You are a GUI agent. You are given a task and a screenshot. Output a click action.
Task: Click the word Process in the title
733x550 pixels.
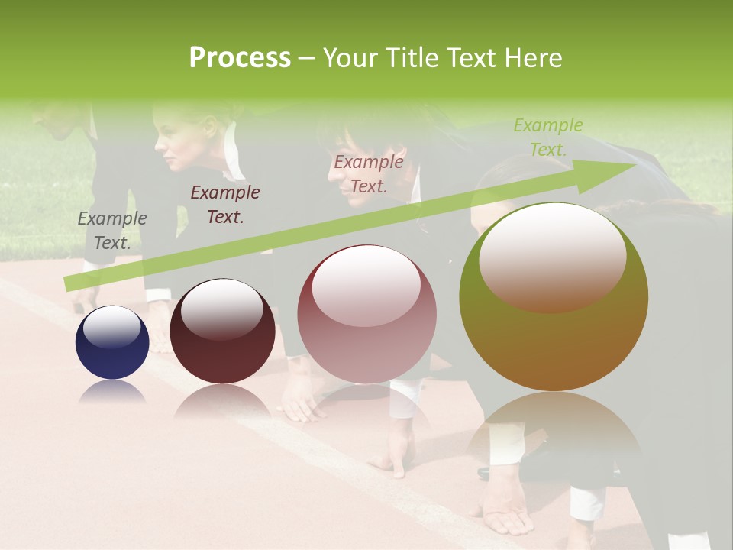click(240, 58)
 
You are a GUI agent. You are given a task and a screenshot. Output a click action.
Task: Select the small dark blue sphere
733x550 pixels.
click(112, 343)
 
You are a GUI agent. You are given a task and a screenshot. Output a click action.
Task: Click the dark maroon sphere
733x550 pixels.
click(222, 332)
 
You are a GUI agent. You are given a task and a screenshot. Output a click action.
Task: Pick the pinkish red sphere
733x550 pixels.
click(366, 314)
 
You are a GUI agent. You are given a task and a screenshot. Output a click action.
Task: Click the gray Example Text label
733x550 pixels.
click(112, 231)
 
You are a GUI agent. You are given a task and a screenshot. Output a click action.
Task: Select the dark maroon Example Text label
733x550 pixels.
click(225, 205)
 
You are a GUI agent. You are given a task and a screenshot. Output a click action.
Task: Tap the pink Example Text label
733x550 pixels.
click(369, 174)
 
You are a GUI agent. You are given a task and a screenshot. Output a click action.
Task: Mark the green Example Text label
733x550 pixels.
click(548, 137)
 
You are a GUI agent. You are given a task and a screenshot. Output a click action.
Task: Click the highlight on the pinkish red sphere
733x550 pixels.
click(366, 286)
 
